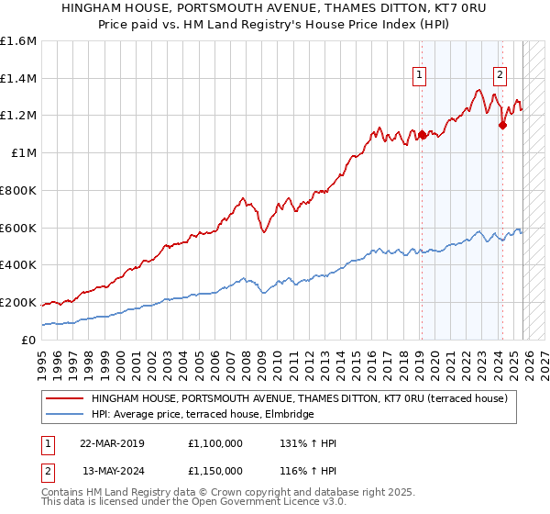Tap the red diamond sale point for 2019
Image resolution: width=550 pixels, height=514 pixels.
(x=422, y=135)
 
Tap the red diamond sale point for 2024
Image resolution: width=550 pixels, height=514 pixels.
(x=502, y=126)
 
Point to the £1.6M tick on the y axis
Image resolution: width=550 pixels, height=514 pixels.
(x=18, y=41)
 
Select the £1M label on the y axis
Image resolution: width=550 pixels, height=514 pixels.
(x=23, y=153)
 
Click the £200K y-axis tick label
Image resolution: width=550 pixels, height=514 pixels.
(x=18, y=302)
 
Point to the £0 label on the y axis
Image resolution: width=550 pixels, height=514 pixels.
(x=29, y=340)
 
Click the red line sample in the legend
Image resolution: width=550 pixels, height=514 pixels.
(x=63, y=398)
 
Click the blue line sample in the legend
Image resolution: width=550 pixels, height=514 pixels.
(x=63, y=415)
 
